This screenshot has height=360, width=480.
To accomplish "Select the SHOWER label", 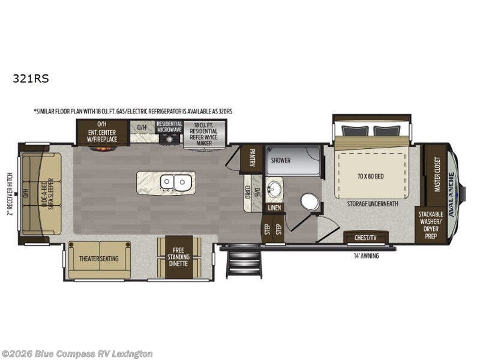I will pyautogui.click(x=280, y=160).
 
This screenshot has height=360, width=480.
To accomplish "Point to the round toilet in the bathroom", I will pyautogui.click(x=310, y=202).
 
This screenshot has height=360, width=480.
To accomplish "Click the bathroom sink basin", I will pyautogui.click(x=274, y=190).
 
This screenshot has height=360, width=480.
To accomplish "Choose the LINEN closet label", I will pyautogui.click(x=274, y=208).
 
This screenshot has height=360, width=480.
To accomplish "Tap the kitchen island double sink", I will pyautogui.click(x=173, y=181).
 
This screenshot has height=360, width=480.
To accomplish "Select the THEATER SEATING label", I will pyautogui.click(x=98, y=259).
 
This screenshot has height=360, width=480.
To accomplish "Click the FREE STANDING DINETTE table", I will pyautogui.click(x=178, y=257).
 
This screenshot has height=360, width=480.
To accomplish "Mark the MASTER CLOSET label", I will pyautogui.click(x=436, y=174).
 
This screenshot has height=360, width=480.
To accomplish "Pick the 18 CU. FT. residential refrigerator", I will pyautogui.click(x=205, y=134).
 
